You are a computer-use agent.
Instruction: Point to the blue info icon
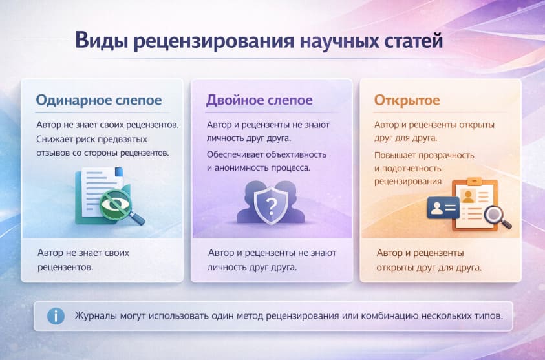[x=56, y=316]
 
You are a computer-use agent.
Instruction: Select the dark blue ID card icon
[x=443, y=207]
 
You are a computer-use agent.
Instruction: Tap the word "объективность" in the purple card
[x=295, y=155]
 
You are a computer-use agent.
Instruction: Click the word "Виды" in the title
[x=97, y=41]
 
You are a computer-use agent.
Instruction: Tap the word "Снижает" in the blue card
[x=54, y=139]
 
